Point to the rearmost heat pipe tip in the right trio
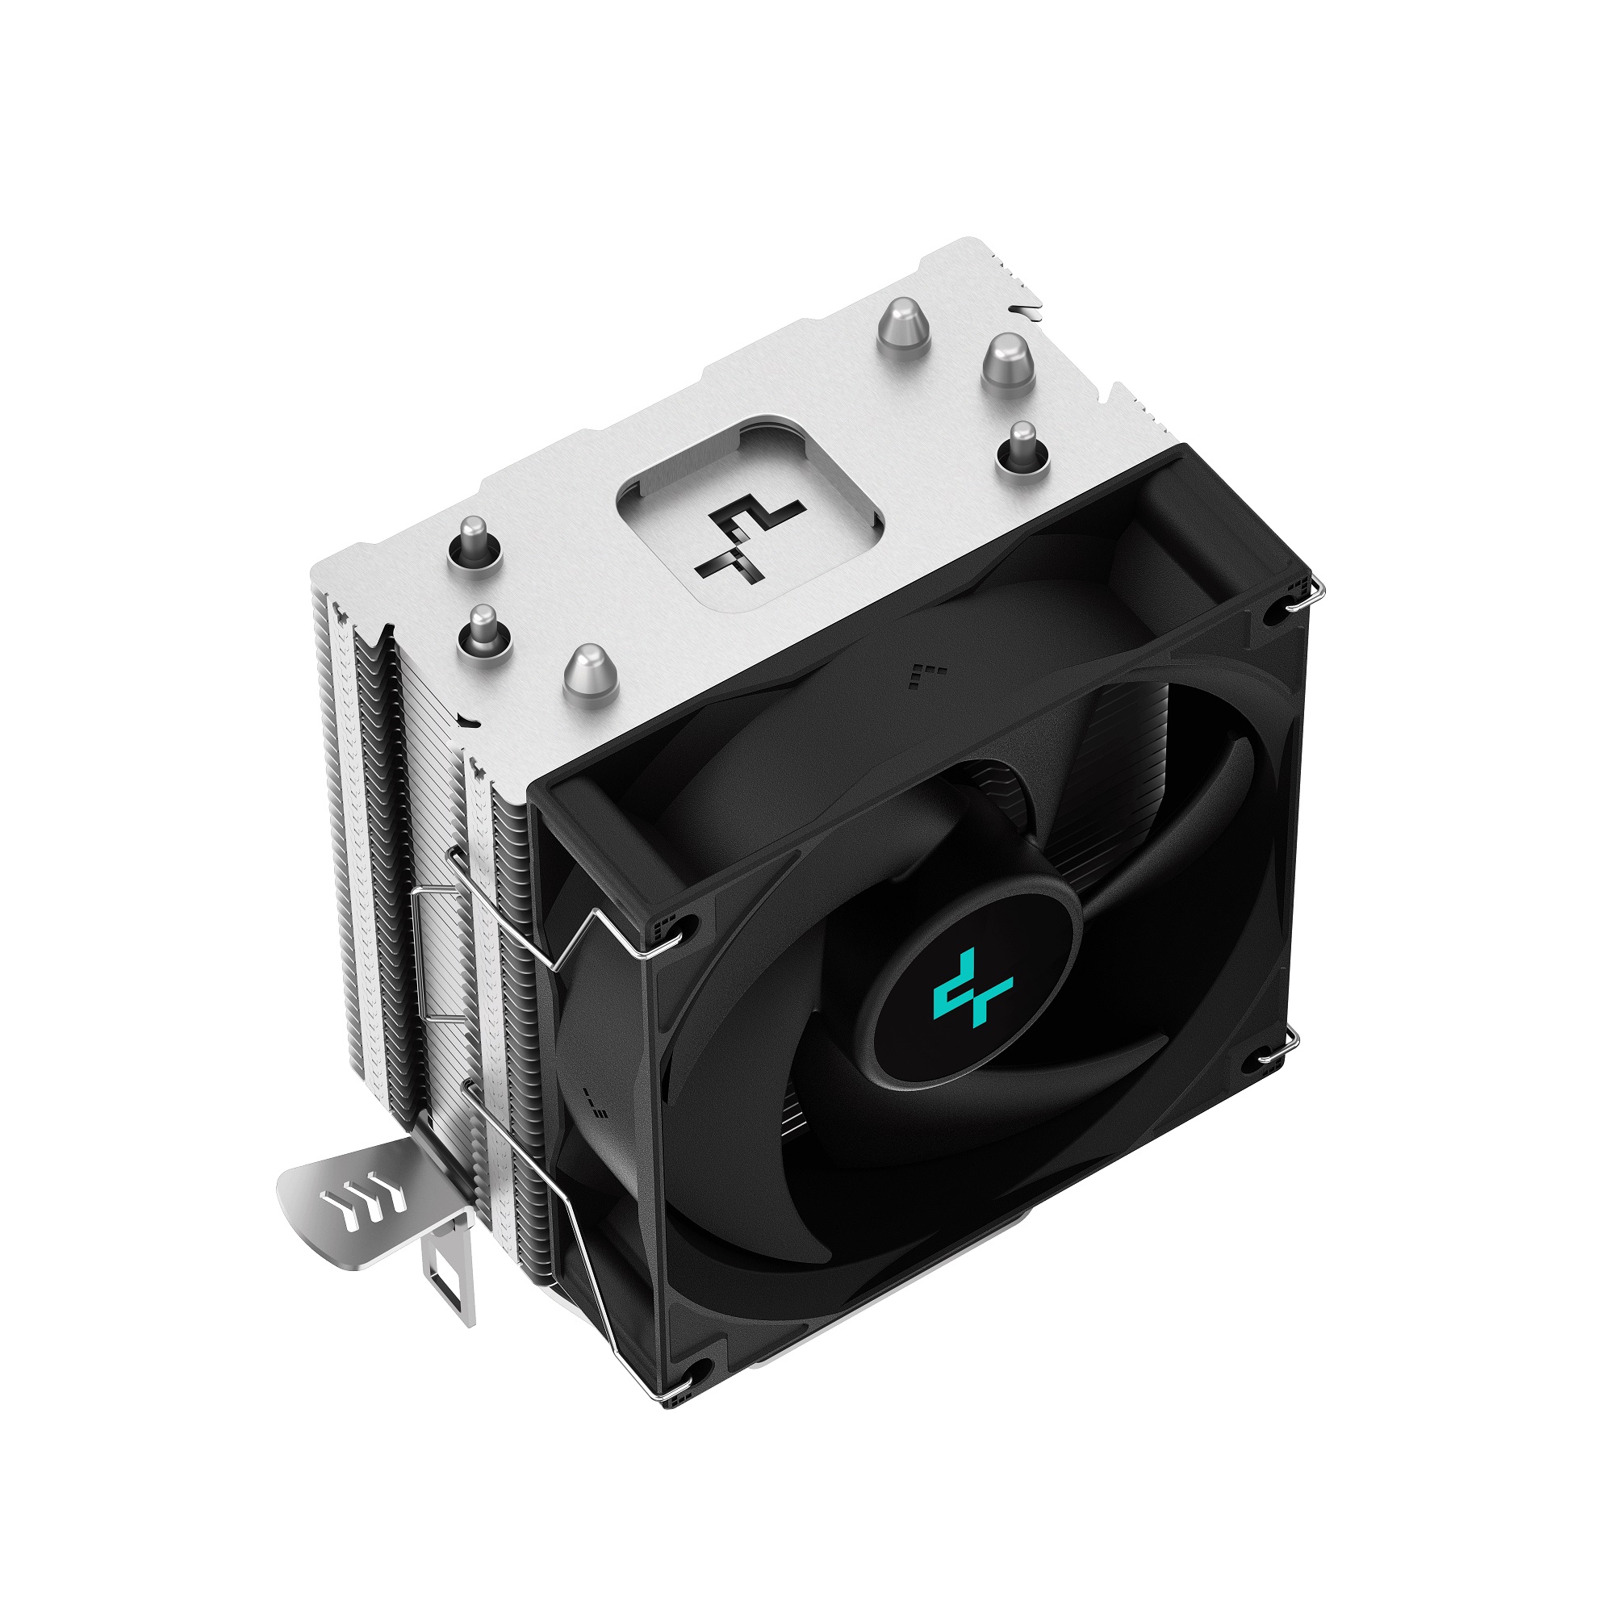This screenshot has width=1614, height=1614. coord(903,328)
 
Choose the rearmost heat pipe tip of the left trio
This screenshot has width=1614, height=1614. coord(474,541)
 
